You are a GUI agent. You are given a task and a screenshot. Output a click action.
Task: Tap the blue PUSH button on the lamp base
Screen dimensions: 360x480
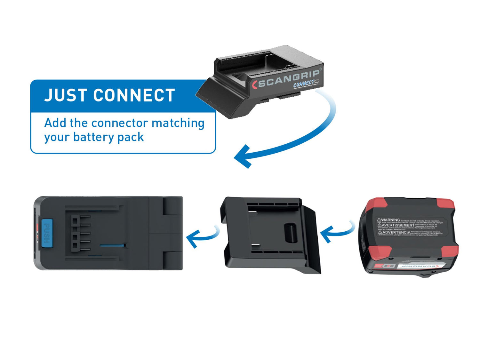pyautogui.click(x=47, y=233)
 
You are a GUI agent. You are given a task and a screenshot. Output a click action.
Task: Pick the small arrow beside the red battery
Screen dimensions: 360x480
pyautogui.click(x=336, y=233)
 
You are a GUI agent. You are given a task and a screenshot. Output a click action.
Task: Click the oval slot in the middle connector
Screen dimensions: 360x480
pyautogui.click(x=291, y=233)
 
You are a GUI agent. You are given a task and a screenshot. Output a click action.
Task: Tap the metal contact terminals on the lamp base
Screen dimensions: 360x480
pyautogui.click(x=80, y=233)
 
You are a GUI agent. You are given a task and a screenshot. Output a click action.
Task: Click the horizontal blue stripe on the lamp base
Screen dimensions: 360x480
pyautogui.click(x=112, y=246)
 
